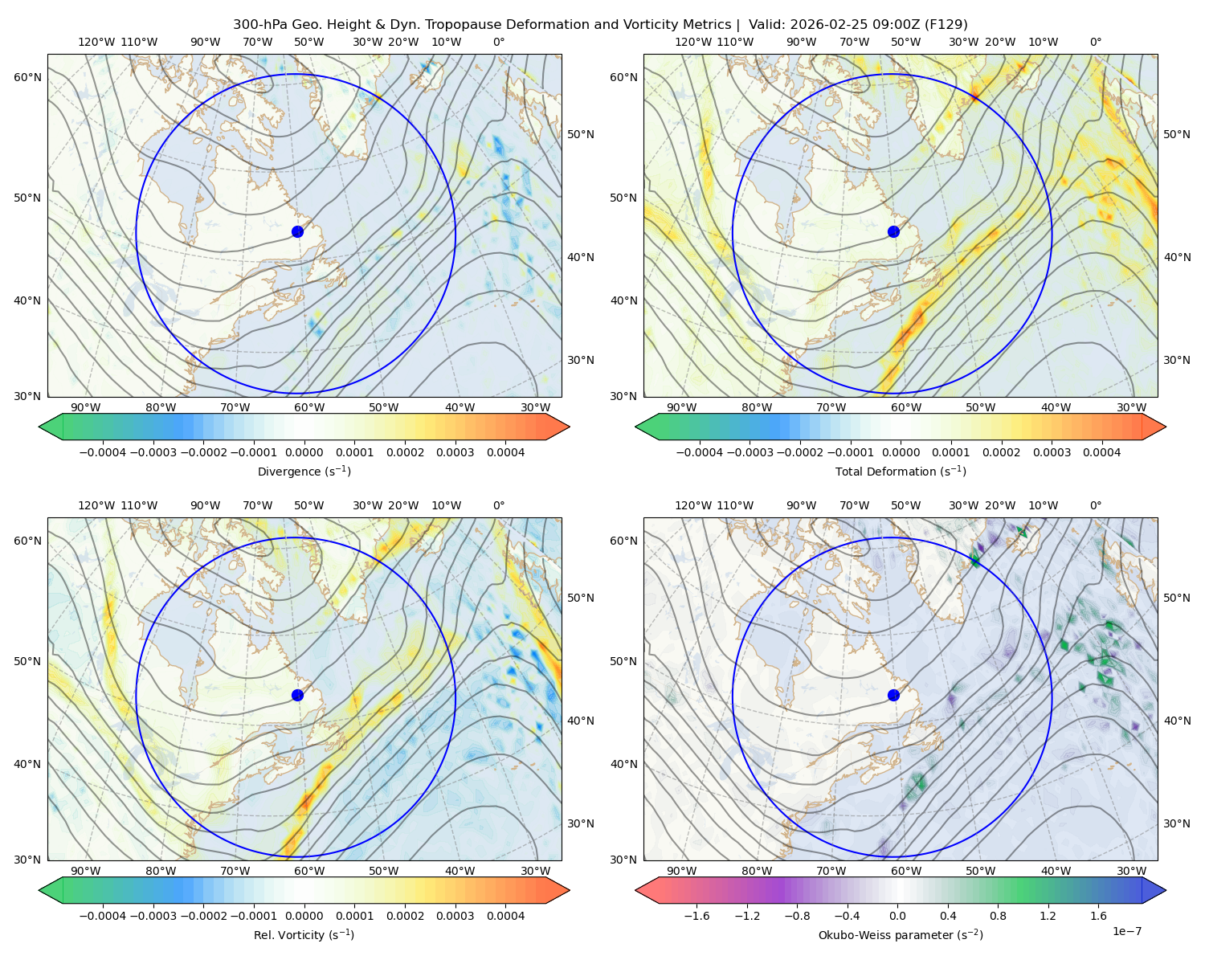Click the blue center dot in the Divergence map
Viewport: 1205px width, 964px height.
pyautogui.click(x=297, y=231)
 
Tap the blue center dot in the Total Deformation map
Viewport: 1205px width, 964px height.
pyautogui.click(x=893, y=231)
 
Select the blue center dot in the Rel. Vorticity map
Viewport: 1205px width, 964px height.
pyautogui.click(x=297, y=695)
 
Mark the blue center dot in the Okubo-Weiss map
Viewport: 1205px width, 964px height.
pyautogui.click(x=893, y=695)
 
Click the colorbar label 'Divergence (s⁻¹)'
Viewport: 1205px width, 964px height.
pyautogui.click(x=304, y=471)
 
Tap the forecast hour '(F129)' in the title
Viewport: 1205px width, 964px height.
pyautogui.click(x=946, y=25)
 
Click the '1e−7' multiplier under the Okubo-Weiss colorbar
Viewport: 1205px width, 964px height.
pyautogui.click(x=1126, y=931)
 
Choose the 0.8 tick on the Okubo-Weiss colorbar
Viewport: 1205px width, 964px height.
pyautogui.click(x=998, y=916)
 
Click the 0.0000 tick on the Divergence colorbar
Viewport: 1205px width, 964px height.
pyautogui.click(x=304, y=452)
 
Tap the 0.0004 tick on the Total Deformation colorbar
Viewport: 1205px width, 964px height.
pyautogui.click(x=1102, y=452)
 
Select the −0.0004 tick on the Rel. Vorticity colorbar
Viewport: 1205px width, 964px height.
pyautogui.click(x=103, y=916)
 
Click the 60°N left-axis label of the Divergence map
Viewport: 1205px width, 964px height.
pyautogui.click(x=27, y=77)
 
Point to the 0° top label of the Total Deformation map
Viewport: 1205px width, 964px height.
pyautogui.click(x=1095, y=42)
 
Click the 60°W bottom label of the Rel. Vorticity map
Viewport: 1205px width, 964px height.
pyautogui.click(x=309, y=871)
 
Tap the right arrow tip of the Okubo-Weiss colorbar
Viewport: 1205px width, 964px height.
pyautogui.click(x=1166, y=890)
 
